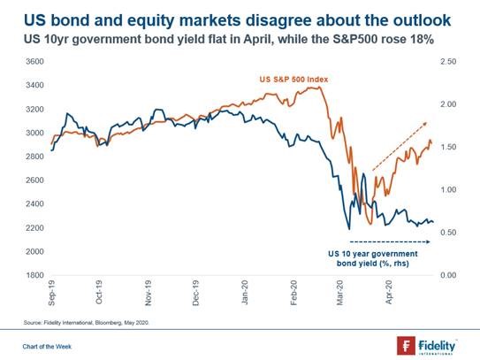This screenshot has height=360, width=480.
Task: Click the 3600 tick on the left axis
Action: (34, 62)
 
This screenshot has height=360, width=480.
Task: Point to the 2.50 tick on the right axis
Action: (448, 62)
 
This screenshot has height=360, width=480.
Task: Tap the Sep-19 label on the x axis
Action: (52, 293)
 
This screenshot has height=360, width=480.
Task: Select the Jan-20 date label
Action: (245, 292)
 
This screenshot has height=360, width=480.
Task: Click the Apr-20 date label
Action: (389, 292)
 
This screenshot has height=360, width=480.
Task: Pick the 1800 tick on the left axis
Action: (34, 275)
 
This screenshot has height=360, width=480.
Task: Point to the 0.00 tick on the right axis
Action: (448, 275)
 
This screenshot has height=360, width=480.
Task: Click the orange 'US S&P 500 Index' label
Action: (293, 80)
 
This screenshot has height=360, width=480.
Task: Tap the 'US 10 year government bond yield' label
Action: (373, 258)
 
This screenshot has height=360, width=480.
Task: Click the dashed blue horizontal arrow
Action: (390, 241)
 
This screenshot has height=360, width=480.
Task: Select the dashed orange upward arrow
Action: (400, 146)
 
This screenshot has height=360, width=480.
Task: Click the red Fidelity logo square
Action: (406, 346)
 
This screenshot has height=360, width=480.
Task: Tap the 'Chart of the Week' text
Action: (47, 347)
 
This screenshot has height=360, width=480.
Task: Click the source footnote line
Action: (86, 323)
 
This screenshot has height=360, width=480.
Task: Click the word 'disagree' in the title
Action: (278, 20)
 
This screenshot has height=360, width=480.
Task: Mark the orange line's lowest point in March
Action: (370, 224)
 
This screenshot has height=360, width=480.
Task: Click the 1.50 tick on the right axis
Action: (448, 147)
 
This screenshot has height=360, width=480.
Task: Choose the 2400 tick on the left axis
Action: (34, 203)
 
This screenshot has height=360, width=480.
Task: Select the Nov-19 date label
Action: (149, 293)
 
